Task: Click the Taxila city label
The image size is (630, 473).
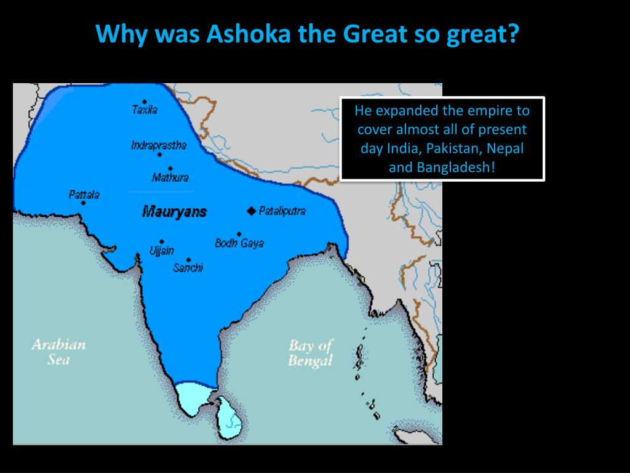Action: click(145, 110)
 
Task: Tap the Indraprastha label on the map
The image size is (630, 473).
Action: click(158, 145)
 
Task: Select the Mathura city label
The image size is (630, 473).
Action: click(170, 178)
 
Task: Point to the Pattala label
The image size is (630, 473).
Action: click(84, 195)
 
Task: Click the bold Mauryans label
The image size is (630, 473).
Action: click(174, 212)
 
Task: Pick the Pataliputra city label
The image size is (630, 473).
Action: click(282, 211)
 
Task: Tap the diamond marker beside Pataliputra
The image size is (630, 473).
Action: click(250, 211)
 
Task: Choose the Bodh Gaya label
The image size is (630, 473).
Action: click(239, 243)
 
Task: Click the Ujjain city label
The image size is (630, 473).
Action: click(161, 251)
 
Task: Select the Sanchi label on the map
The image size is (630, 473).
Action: click(188, 268)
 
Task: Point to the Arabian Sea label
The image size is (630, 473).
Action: click(58, 352)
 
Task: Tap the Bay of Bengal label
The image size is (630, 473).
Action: click(310, 353)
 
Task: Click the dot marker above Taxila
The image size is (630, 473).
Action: click(145, 102)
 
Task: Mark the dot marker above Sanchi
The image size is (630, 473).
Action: click(188, 260)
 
